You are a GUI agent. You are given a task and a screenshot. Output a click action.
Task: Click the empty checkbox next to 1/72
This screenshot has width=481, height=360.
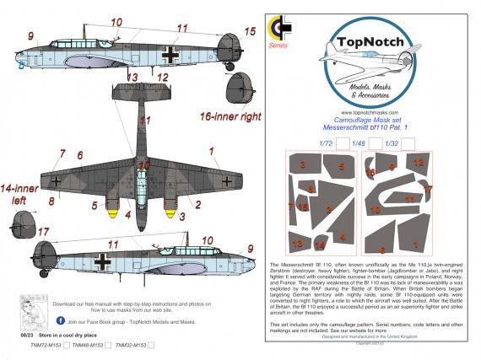point(343,143)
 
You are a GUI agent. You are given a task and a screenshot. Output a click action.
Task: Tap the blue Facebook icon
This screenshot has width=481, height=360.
point(61,321)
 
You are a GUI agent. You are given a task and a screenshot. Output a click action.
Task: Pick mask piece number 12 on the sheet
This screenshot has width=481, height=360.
point(419,162)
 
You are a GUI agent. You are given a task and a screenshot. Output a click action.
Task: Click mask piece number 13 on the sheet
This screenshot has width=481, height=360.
point(296,242)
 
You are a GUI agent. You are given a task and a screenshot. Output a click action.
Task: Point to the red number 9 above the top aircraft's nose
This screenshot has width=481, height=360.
point(30,37)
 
